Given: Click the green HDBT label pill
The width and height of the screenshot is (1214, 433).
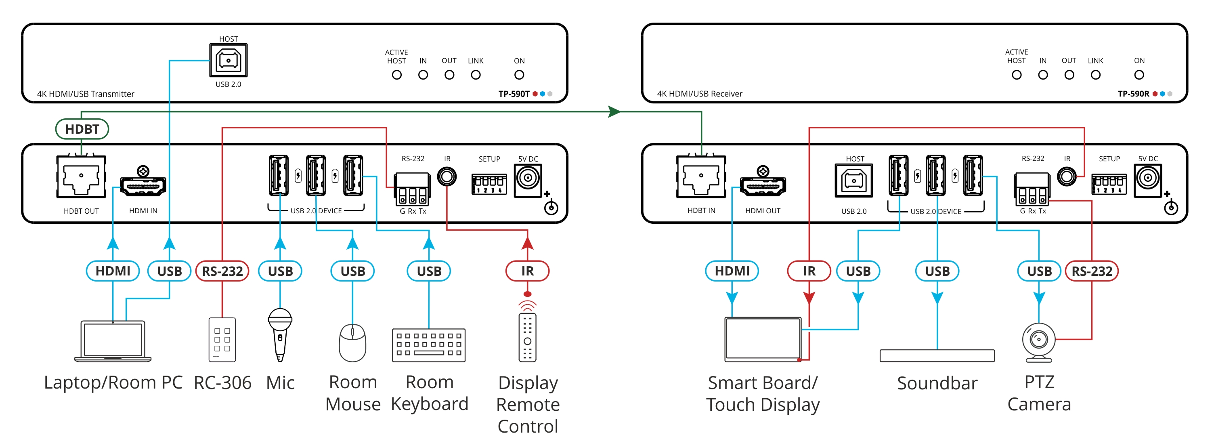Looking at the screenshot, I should (82, 129).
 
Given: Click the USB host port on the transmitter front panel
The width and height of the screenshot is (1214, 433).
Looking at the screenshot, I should (228, 60).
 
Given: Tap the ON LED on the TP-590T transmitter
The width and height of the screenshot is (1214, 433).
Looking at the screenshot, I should (519, 75).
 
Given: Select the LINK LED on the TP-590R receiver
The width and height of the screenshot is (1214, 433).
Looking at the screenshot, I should (1095, 75).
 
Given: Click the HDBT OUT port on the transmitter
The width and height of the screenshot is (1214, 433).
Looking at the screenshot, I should (81, 177).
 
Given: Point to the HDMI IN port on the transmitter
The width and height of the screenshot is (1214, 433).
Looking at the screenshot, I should (143, 186).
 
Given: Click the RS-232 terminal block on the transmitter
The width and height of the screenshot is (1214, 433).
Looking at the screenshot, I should (412, 189).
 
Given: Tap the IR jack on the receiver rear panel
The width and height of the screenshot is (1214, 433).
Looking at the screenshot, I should (1067, 177).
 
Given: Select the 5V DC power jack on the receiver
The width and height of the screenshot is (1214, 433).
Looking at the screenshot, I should (1147, 179).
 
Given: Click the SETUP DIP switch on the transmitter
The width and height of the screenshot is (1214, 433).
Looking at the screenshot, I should (489, 184).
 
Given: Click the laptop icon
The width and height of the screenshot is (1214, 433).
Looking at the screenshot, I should (113, 341).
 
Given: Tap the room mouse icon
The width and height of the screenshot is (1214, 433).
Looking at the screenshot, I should (352, 343).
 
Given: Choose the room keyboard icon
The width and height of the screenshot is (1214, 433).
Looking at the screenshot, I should (428, 345).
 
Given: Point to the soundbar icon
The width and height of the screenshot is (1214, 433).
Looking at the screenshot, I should (937, 355).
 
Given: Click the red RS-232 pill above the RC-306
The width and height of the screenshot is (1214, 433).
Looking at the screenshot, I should (222, 271).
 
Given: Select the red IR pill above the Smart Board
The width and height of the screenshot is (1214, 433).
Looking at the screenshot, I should (809, 271).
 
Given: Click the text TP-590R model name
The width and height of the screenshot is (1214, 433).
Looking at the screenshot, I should (1133, 93).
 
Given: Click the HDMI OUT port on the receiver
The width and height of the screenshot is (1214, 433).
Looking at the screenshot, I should (763, 186).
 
